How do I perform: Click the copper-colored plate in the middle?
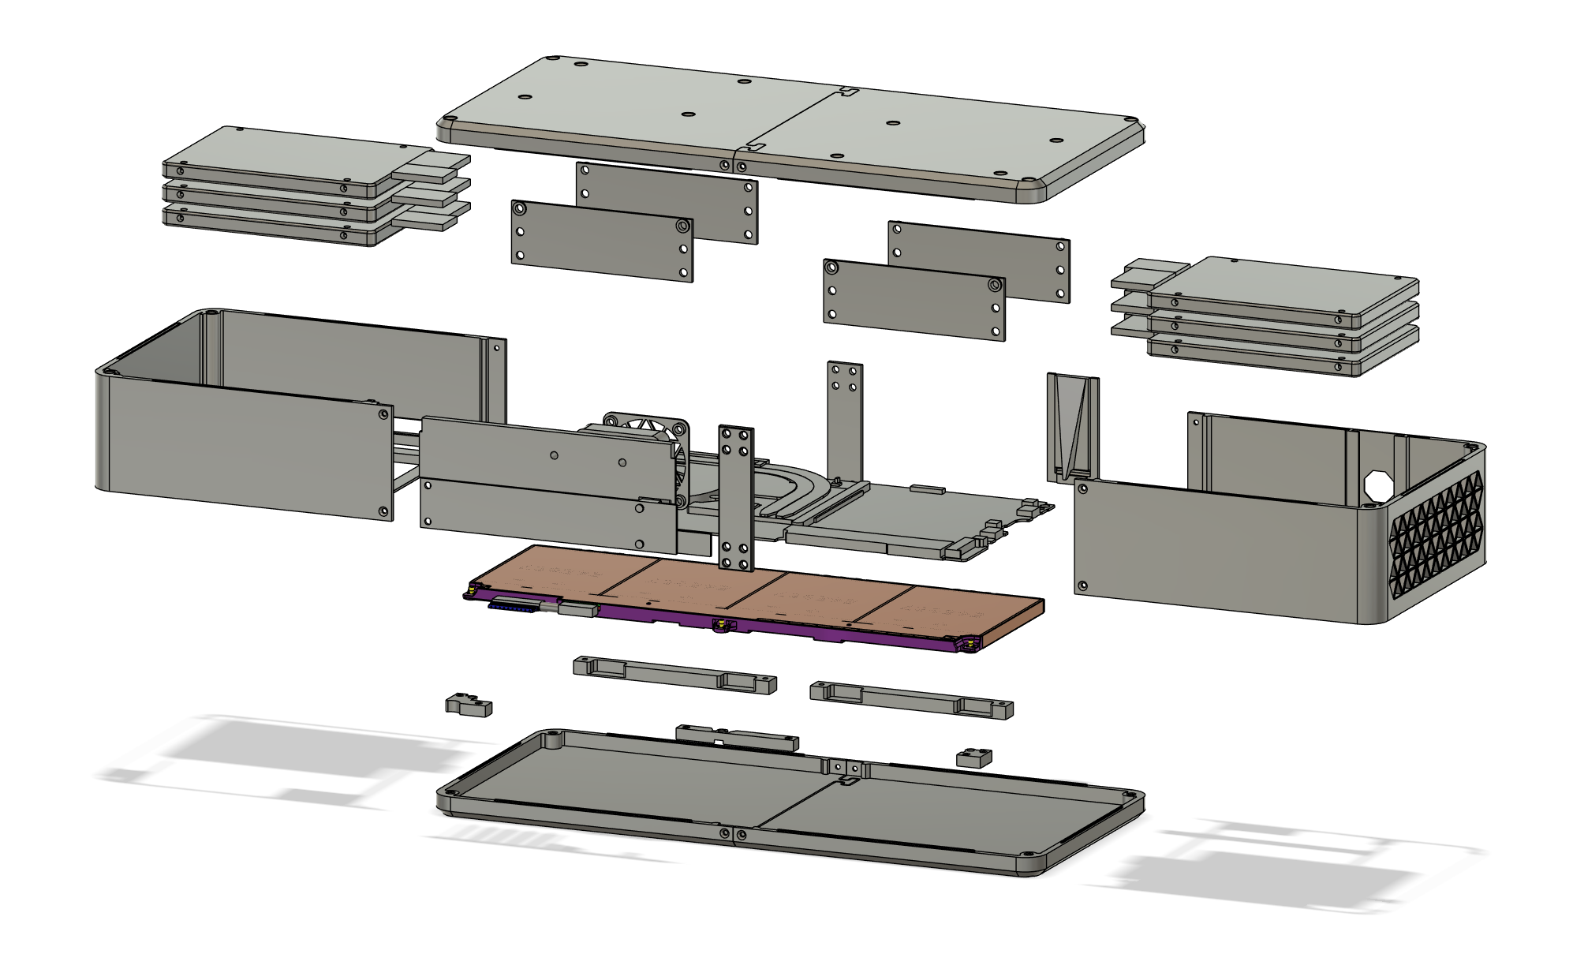(757, 592)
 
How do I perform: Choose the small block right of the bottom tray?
(974, 758)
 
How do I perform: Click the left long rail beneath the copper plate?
(674, 675)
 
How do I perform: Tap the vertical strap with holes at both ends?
(735, 497)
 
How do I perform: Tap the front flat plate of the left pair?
(601, 241)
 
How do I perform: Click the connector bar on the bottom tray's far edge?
(737, 737)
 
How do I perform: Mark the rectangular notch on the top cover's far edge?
(849, 92)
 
